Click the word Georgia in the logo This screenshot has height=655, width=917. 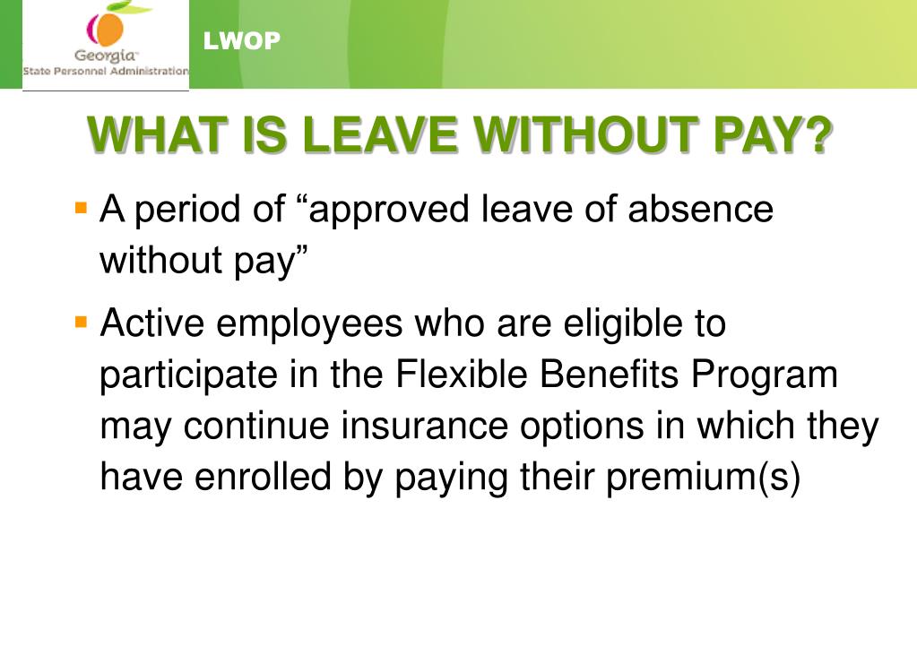coord(105,56)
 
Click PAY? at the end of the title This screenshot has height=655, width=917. coord(773,135)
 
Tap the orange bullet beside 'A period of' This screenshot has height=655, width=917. coord(82,208)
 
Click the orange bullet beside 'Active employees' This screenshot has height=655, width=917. coord(82,320)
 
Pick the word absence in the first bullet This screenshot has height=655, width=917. coord(700,210)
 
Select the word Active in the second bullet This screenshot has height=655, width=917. coord(153,323)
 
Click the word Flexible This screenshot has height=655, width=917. coord(463,375)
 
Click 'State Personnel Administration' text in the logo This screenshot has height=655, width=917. coord(106,71)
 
